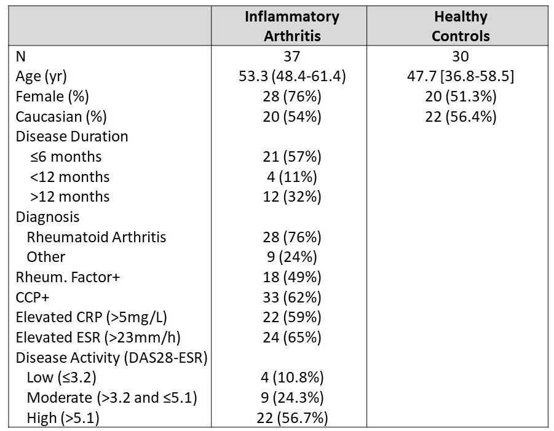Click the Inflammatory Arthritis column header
point(292,26)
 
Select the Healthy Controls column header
point(461,26)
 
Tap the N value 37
point(292,57)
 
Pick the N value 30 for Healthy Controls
point(461,57)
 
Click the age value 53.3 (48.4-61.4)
point(292,77)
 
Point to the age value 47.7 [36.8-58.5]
point(461,77)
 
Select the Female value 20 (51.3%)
point(461,97)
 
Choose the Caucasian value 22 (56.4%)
point(461,117)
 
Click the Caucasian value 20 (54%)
point(292,117)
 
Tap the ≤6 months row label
point(66,157)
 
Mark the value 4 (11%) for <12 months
point(292,177)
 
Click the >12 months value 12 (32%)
point(292,197)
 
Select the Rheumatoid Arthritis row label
point(96,237)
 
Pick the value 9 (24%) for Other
point(292,257)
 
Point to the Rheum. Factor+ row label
point(68,277)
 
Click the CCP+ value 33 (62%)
point(292,298)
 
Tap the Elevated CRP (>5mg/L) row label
point(91,317)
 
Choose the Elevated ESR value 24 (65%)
point(292,338)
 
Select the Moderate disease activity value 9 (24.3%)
point(292,398)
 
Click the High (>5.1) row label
point(63,418)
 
